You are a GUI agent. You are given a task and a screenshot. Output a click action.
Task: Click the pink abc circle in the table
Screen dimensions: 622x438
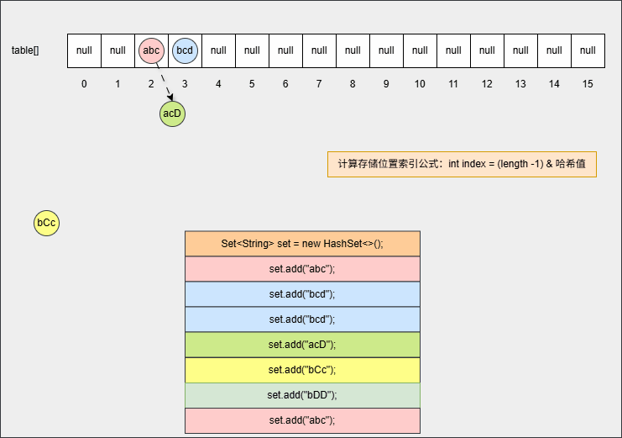151,50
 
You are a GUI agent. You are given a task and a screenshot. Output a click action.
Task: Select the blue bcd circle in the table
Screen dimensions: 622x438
185,50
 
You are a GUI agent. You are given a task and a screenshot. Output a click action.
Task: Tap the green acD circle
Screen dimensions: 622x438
172,113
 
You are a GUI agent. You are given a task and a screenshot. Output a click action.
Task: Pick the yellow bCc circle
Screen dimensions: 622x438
46,223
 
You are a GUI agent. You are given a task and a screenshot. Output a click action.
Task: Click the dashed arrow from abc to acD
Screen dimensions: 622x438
165,82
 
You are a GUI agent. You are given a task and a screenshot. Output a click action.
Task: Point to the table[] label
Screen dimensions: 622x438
25,50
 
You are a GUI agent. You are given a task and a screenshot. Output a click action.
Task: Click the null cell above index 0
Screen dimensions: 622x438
84,50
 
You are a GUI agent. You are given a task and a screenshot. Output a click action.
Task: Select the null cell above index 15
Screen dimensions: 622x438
588,50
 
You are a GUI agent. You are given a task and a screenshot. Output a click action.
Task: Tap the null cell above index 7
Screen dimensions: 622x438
319,50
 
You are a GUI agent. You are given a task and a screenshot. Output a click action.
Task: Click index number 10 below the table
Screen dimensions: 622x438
420,84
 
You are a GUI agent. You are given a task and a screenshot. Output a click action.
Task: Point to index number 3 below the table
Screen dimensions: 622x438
185,84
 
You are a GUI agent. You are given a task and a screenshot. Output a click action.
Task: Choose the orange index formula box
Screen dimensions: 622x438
462,164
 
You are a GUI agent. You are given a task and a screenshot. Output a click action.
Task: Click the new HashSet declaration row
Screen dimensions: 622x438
302,244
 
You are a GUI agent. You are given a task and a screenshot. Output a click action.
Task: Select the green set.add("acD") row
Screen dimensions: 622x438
302,345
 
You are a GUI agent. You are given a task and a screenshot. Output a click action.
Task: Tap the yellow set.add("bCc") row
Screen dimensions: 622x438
302,370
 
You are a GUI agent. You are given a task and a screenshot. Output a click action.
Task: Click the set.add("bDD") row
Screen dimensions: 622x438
302,395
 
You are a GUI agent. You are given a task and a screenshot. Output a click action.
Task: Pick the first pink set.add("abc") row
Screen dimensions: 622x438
302,269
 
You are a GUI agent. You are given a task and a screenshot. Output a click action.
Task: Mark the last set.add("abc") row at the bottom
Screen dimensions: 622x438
302,420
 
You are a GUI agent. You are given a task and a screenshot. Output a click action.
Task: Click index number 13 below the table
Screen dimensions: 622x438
520,84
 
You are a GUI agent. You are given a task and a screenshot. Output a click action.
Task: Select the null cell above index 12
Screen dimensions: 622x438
487,50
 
